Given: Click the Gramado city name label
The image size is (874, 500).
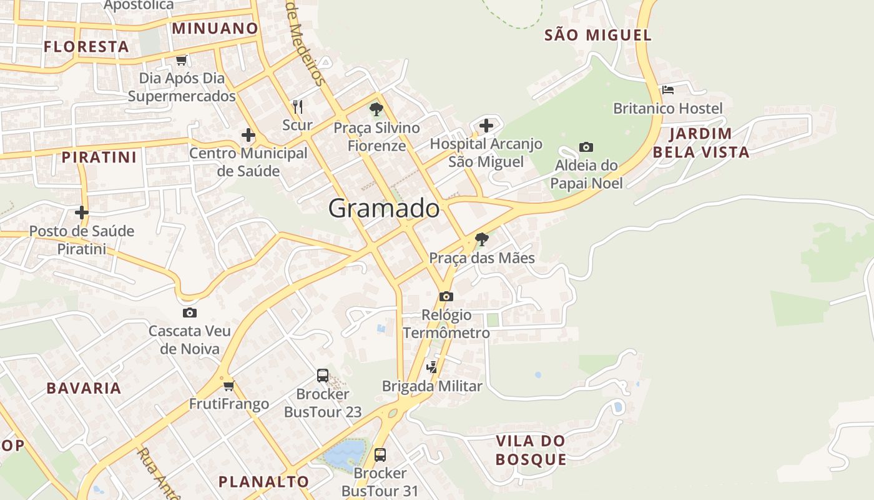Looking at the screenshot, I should point(384,209).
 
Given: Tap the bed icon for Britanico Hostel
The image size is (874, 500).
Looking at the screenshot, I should point(667,90).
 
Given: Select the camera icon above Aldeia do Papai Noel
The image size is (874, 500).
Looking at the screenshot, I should point(586,147).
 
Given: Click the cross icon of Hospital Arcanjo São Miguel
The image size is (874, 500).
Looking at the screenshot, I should point(486,126).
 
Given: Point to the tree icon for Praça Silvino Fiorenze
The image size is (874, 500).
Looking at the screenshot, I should point(376,110).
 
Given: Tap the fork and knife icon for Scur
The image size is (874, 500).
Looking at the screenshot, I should point(298,107).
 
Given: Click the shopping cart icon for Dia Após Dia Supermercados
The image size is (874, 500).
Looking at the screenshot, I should point(181,61).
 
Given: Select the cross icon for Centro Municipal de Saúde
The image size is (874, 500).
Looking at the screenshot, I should point(248,135).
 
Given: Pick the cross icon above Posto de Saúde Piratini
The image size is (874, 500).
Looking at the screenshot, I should point(81,213).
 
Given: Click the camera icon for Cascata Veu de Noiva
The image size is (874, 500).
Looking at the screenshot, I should point(190,313).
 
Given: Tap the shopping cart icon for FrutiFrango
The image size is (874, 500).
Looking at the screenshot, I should point(228,386).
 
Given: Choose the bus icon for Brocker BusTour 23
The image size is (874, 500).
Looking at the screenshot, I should point(322,376).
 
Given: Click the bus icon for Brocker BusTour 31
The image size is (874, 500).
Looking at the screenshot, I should point(380,455).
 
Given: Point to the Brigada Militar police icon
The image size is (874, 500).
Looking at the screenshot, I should point(431,367).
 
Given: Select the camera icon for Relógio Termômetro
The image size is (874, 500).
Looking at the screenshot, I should point(446,297).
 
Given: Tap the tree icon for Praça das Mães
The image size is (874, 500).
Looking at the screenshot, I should point(481,239).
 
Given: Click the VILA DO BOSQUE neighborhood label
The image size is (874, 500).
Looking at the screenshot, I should point(531,450).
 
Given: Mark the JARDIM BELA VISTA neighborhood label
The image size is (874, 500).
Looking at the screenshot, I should point(700,142).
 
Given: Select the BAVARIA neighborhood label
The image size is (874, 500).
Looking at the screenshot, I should point(84,388).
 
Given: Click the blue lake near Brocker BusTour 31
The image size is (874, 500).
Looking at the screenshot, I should point(342,454).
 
